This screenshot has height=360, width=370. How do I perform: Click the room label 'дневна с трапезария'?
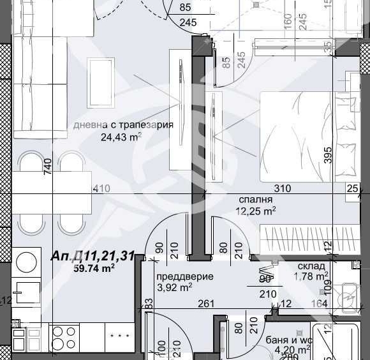(122, 125)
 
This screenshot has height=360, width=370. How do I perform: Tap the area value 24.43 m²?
(121, 137)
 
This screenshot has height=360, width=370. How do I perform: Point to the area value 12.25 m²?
(256, 210)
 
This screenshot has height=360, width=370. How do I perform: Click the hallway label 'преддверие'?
(185, 276)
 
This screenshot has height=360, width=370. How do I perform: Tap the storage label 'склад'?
(311, 266)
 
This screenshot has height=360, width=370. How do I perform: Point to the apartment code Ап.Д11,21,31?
(93, 257)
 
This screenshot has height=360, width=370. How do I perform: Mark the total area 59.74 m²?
(94, 269)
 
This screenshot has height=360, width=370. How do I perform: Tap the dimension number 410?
(101, 188)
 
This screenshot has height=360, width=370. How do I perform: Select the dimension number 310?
(282, 188)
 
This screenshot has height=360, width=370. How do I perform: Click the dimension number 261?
(205, 304)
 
